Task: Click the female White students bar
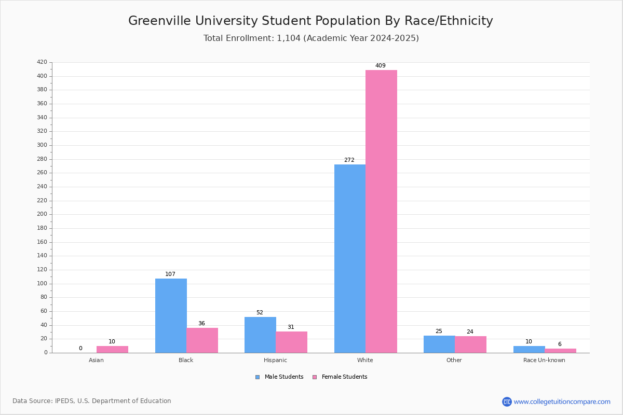(381, 211)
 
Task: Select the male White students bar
(350, 258)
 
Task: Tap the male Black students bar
(171, 316)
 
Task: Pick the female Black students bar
(202, 340)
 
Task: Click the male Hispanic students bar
(260, 335)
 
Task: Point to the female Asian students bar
(112, 350)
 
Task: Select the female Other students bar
(470, 344)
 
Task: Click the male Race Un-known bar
(529, 350)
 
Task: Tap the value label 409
(381, 65)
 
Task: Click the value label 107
(170, 274)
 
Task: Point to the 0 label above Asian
(80, 348)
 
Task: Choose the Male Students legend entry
(279, 377)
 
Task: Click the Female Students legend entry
(340, 377)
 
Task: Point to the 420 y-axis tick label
(42, 62)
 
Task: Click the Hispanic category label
(275, 360)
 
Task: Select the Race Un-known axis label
(544, 360)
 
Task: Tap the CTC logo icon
(507, 402)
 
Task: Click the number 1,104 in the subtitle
(289, 38)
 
